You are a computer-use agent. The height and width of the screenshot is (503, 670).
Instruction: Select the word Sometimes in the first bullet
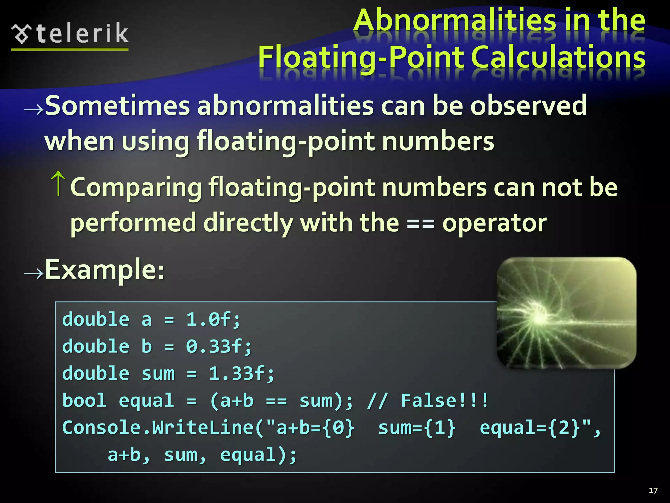[x=117, y=105]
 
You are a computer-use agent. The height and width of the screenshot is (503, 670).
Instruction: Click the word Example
[x=104, y=270]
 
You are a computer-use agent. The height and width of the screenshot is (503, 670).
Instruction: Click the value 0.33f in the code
[x=219, y=346]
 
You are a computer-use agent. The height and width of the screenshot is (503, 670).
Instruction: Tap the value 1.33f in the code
[x=241, y=374]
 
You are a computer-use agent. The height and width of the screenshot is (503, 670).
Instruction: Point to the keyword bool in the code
[x=84, y=401]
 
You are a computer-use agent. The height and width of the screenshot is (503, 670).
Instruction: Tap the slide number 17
[x=653, y=491]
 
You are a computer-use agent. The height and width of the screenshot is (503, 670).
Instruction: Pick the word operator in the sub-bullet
[x=494, y=223]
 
